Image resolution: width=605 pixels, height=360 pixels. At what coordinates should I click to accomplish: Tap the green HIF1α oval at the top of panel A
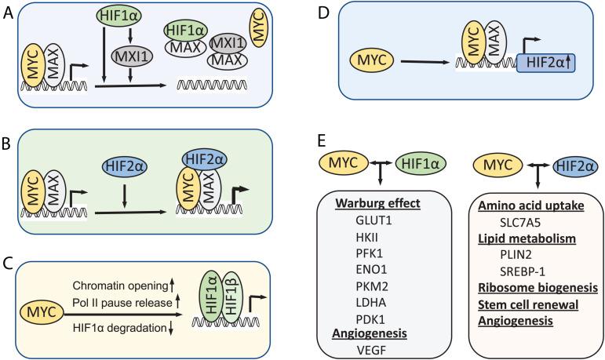click(118, 16)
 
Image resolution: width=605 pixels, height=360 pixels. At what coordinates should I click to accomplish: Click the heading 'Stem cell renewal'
click(512, 305)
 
